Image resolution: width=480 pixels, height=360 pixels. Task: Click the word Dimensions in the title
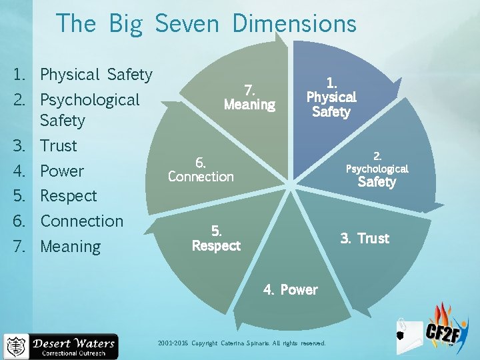[294, 24]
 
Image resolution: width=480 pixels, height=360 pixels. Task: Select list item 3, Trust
[58, 145]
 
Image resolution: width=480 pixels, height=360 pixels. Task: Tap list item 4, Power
[61, 171]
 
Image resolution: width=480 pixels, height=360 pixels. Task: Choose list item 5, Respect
[68, 196]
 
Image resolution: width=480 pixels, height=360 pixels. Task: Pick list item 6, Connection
[81, 221]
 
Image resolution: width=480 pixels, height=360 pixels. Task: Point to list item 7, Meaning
[70, 246]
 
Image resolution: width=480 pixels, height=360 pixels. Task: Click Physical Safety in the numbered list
[96, 75]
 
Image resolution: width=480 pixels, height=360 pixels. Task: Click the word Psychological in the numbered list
[89, 100]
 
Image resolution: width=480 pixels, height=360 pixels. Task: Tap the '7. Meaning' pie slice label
[249, 97]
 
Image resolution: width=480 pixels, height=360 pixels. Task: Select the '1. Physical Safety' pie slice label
[331, 97]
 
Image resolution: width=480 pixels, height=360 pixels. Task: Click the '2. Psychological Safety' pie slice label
[377, 169]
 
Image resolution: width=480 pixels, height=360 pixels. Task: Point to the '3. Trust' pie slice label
[365, 238]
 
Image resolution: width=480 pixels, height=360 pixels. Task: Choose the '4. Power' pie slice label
[291, 289]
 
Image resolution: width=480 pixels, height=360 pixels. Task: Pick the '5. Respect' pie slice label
[216, 238]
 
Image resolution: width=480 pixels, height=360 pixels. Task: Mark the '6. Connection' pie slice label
[201, 169]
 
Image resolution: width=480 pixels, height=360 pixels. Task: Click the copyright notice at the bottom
[242, 343]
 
